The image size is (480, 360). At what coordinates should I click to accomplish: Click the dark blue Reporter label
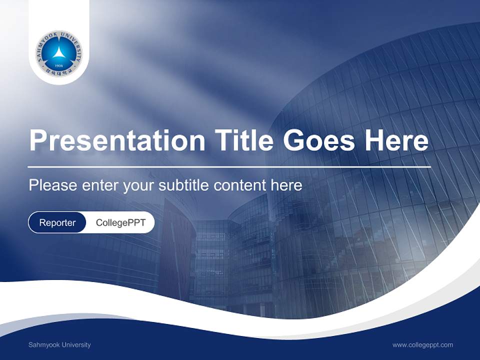click(x=57, y=222)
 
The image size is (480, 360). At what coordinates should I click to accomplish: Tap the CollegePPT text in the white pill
click(x=120, y=222)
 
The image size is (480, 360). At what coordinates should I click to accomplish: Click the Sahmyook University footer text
click(x=59, y=345)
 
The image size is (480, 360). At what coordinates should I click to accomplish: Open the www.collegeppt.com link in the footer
click(x=422, y=345)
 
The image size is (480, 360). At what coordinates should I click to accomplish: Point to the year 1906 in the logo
click(x=59, y=65)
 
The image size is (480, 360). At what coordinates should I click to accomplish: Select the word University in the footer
click(x=75, y=345)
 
